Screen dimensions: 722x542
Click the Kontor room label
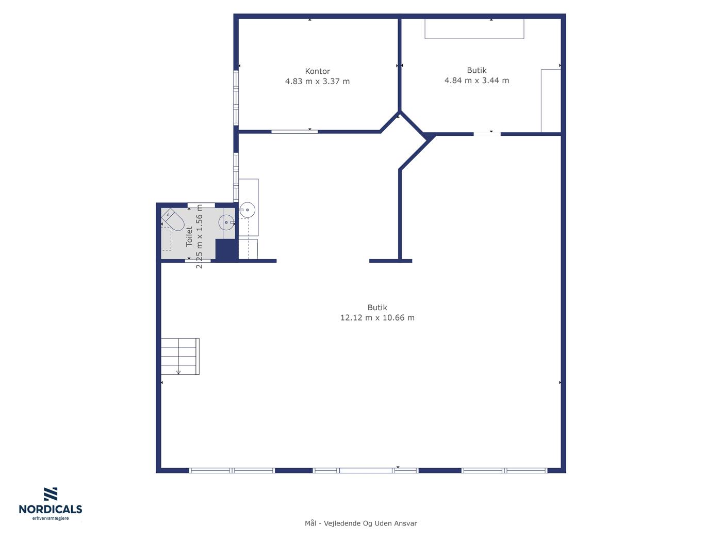coord(317,71)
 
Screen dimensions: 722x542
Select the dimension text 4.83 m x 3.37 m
coord(317,81)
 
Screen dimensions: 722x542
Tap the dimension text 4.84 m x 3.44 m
coord(477,81)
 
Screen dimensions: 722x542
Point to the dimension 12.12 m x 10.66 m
coord(378,317)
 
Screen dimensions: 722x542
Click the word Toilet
coord(189,236)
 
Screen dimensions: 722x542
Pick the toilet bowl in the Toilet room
coord(172,219)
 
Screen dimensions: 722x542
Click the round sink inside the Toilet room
coord(226,222)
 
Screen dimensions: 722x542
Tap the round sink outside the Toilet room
coord(247,210)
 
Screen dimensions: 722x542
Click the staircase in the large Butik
coord(180,356)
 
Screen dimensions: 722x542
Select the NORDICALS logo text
coord(51,509)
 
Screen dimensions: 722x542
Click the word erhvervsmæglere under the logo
coord(51,518)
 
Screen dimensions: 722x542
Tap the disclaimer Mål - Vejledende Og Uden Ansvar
coord(361,523)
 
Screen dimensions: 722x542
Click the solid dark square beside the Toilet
coord(226,250)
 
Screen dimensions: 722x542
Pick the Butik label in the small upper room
coord(477,70)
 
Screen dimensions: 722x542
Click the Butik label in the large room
coord(378,307)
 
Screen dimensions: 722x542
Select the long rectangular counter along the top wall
coord(474,29)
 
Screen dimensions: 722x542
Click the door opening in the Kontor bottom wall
coord(294,132)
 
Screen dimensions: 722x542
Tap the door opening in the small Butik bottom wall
coord(487,134)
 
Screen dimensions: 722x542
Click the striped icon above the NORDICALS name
coord(51,494)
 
